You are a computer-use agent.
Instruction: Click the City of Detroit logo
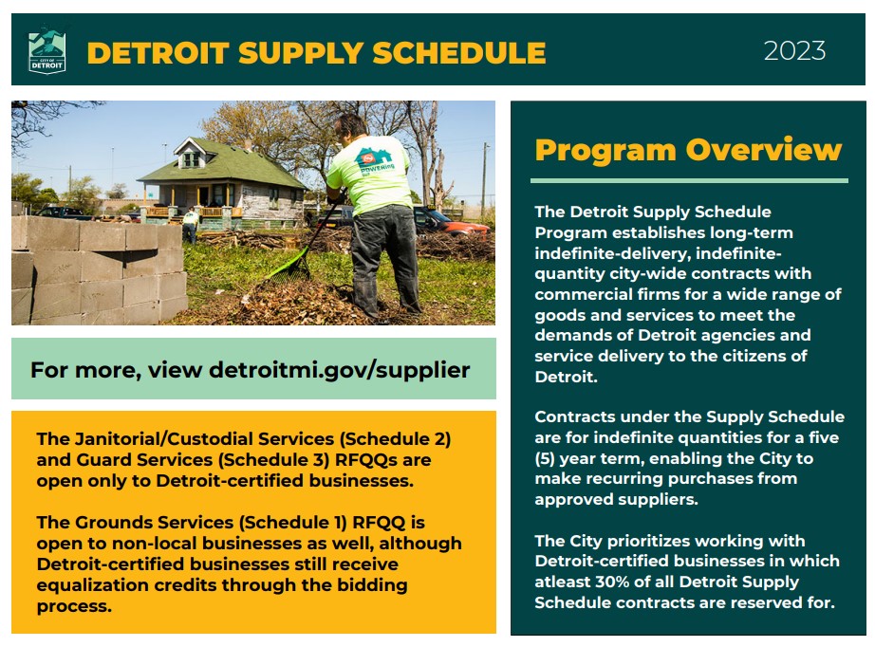coord(47,51)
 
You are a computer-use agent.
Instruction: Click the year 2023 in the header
coord(794,50)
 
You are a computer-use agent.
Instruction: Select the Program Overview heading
coord(688,150)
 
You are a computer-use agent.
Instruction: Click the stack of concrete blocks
coord(95,266)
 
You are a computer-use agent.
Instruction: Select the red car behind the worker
coord(460,226)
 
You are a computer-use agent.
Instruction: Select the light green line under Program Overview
coord(688,180)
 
